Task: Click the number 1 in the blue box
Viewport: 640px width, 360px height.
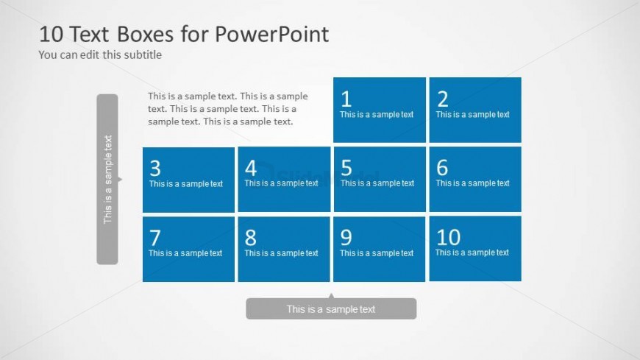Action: click(346, 99)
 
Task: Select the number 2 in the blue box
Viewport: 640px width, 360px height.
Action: click(442, 99)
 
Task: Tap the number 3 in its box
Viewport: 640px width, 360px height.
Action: click(155, 168)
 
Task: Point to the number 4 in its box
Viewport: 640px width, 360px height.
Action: click(251, 168)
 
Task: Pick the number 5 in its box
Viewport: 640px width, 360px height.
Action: click(346, 168)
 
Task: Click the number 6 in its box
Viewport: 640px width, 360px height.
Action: click(442, 168)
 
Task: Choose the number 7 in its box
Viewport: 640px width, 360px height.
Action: click(155, 237)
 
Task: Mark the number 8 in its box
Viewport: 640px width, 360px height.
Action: click(251, 237)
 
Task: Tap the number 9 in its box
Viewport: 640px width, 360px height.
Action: click(346, 237)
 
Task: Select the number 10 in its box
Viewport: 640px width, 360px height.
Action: click(448, 237)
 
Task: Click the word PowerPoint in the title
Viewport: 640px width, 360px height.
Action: click(271, 34)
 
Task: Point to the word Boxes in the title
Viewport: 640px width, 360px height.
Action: click(146, 34)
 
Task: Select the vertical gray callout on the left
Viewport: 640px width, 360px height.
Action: click(107, 180)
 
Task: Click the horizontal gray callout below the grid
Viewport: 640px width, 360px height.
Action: click(331, 308)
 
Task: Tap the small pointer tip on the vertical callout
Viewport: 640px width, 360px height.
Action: click(121, 179)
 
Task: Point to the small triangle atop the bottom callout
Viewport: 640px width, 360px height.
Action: click(331, 294)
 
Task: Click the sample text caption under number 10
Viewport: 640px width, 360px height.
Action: click(472, 253)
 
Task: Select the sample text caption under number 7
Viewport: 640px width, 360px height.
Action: click(185, 253)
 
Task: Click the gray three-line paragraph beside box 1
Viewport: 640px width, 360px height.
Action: click(228, 109)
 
